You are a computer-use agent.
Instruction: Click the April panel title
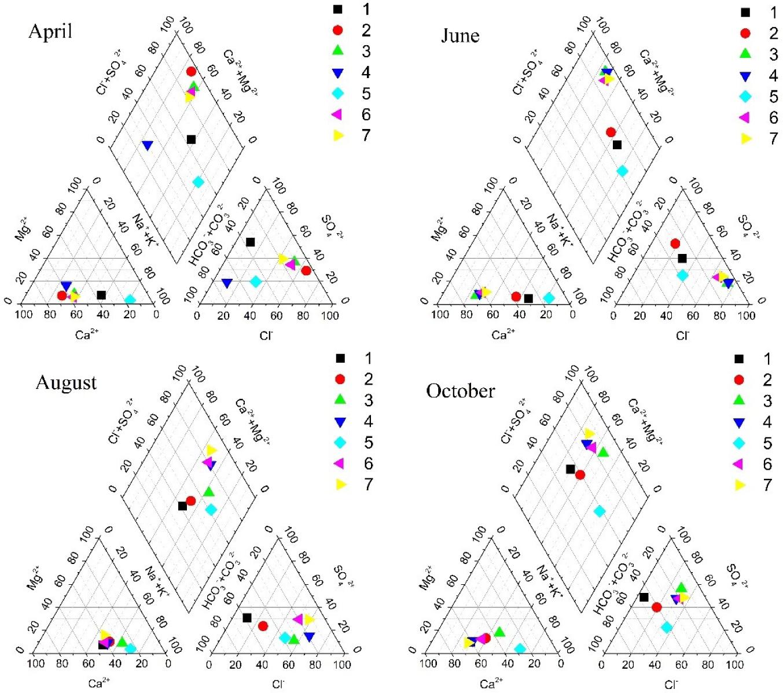50,31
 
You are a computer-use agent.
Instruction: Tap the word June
460,36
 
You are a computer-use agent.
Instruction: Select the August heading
66,383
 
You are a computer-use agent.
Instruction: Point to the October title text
461,391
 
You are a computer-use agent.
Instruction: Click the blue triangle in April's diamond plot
147,145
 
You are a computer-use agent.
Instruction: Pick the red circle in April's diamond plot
191,72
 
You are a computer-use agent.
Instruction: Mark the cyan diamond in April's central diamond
198,182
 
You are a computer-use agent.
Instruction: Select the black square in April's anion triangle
250,242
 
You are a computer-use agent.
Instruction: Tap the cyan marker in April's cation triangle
130,300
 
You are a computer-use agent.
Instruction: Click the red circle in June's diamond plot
611,132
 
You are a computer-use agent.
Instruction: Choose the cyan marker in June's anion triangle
682,275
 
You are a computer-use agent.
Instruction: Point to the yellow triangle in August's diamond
211,450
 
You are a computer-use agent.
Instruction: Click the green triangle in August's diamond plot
209,492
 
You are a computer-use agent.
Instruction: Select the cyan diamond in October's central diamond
600,511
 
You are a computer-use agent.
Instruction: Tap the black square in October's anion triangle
644,597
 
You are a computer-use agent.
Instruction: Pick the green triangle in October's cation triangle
499,632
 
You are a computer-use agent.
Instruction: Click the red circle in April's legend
338,30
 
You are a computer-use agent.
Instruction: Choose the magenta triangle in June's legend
745,117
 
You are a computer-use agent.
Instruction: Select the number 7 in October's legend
767,485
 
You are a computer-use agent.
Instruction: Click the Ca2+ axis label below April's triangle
87,334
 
